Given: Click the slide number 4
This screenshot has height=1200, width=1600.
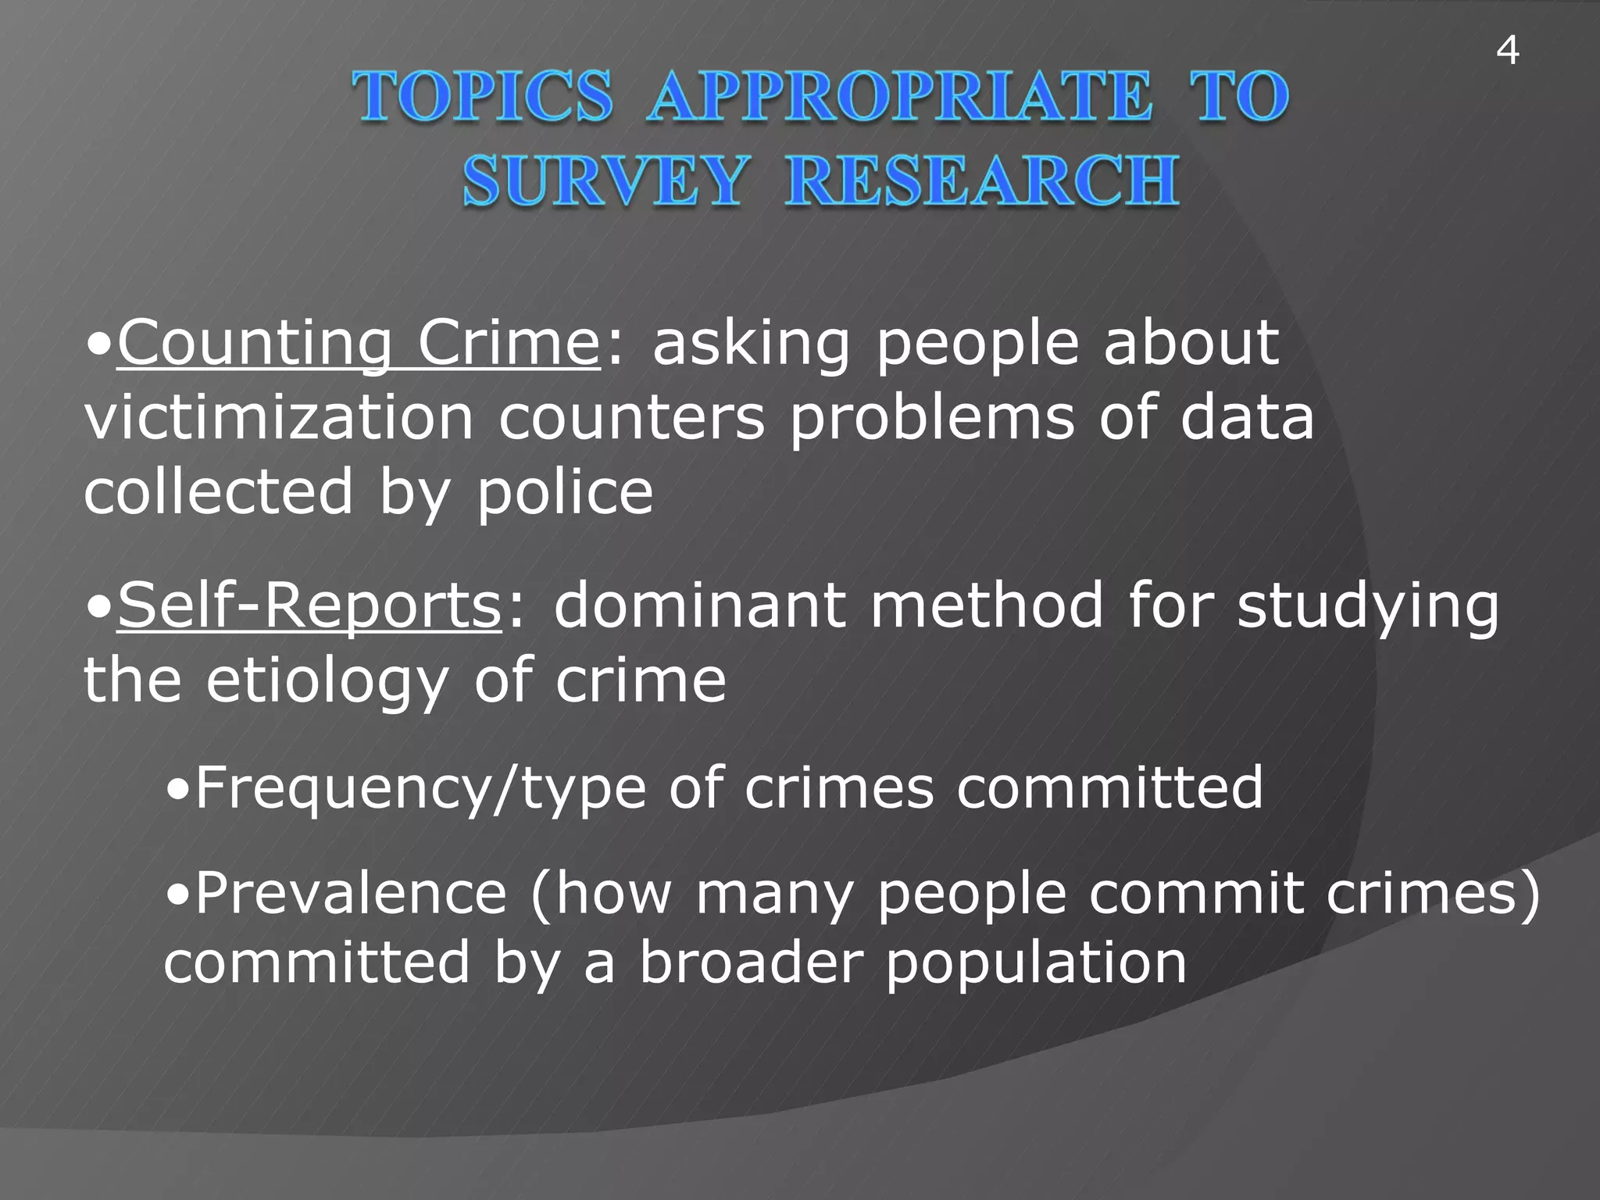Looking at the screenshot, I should coord(1507,52).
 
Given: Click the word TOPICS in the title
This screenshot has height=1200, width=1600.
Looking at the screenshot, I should coord(482,97).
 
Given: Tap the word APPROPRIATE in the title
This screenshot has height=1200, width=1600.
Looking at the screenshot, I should coord(899,97).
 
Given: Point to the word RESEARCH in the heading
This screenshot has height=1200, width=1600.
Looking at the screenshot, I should coord(982,181).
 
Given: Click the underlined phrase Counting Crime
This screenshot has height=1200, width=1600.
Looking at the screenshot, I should coord(359,344).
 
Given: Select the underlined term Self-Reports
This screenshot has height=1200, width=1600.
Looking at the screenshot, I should coord(309,606).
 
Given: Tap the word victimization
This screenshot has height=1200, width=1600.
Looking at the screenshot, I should coord(278,418).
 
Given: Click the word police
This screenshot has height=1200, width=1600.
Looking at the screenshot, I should coord(565,494).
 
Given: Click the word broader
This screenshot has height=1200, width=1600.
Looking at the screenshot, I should coord(751,962).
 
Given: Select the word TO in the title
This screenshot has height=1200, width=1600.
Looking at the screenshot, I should coord(1239,97).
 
